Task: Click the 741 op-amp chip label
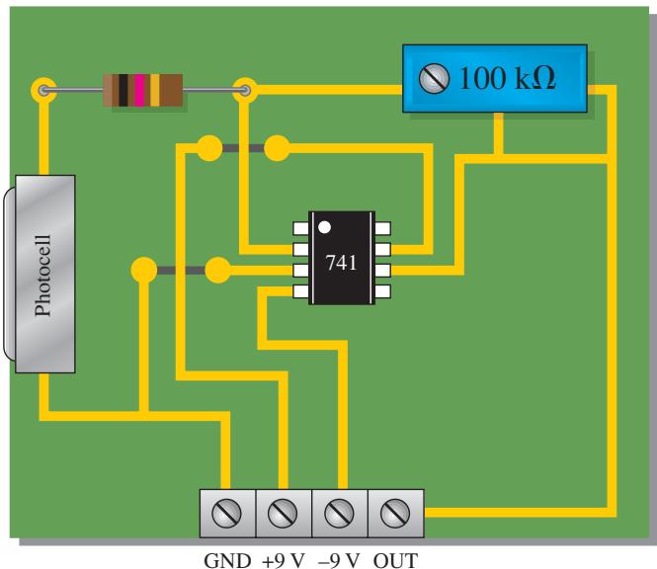(341, 263)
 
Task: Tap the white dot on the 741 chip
(324, 227)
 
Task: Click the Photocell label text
(43, 276)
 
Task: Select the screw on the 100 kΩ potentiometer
(434, 78)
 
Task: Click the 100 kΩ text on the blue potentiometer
(508, 78)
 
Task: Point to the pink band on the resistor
(139, 90)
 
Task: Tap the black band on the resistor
(123, 90)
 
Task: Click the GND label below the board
(227, 560)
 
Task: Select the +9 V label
(284, 560)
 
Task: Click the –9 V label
(339, 560)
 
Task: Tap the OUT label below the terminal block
(395, 560)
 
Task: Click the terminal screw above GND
(226, 513)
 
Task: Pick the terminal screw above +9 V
(283, 513)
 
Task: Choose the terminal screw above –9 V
(339, 513)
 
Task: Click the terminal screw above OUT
(395, 513)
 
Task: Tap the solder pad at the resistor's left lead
(43, 90)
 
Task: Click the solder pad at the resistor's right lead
(245, 90)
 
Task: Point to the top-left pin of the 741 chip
(301, 228)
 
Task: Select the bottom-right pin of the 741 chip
(382, 291)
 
